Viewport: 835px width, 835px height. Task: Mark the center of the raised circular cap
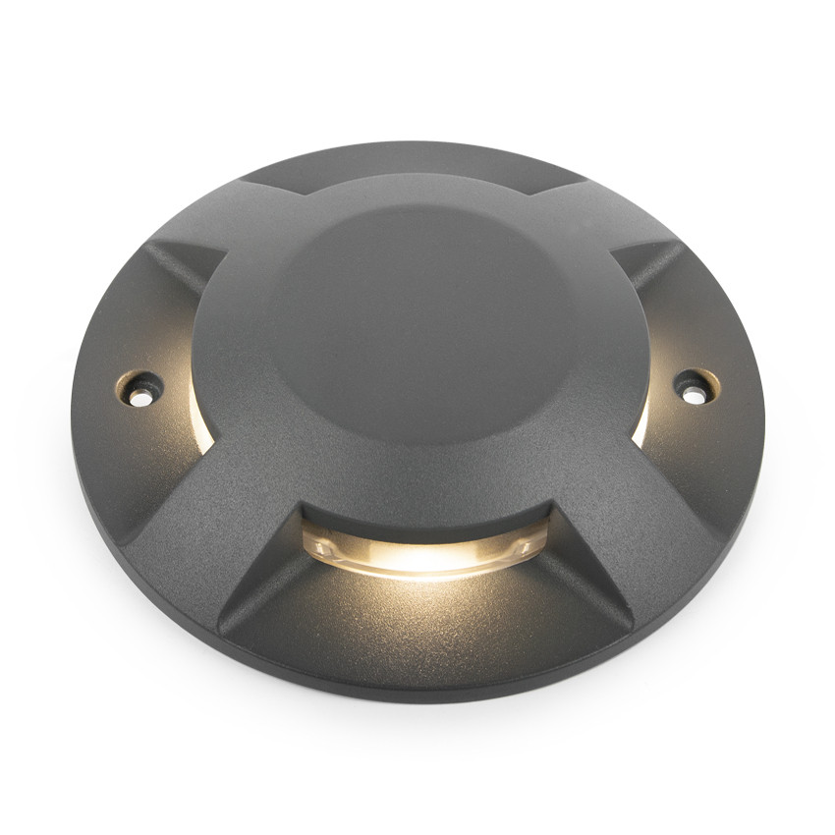pyautogui.click(x=420, y=319)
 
